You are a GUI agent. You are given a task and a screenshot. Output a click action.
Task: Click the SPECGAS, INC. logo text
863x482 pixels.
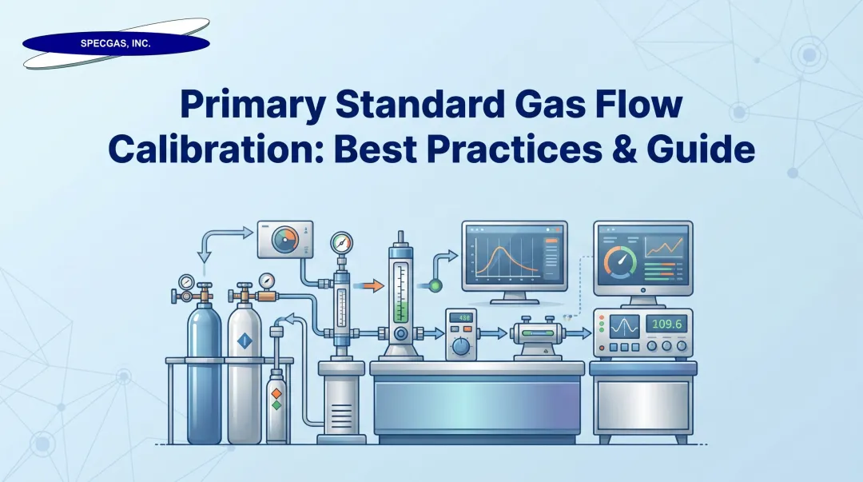click(116, 44)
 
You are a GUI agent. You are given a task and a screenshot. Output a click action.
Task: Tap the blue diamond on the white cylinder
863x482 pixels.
click(245, 343)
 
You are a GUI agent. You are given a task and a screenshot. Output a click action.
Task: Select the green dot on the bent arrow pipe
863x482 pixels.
click(435, 285)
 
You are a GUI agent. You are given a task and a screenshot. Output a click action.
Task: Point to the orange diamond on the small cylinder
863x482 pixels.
click(276, 393)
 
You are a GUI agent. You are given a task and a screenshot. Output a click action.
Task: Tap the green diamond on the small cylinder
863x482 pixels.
click(276, 406)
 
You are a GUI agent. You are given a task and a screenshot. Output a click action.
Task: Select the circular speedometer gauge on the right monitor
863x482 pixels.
click(621, 261)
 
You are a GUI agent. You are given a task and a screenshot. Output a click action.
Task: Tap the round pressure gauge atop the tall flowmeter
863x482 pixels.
click(341, 242)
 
